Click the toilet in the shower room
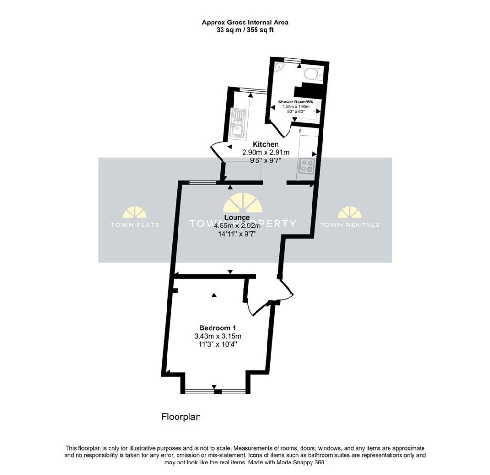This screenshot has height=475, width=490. pos(314,74)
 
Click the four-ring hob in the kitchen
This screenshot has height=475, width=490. pos(306,166)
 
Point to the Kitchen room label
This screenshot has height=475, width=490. pos(265,144)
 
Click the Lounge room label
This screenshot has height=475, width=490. pos(237,217)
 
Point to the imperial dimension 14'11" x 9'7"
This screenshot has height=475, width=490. pos(237,234)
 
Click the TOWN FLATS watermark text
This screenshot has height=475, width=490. pos(135,225)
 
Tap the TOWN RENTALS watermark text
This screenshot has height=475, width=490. pos(349,225)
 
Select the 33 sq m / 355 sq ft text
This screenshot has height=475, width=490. pos(245,30)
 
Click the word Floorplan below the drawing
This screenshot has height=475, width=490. pos(180,417)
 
